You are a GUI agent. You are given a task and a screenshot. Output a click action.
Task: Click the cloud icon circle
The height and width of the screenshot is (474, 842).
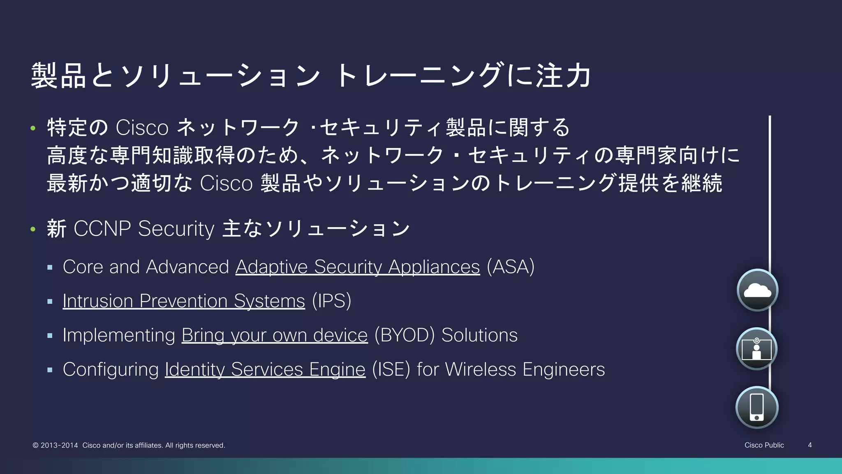click(x=757, y=290)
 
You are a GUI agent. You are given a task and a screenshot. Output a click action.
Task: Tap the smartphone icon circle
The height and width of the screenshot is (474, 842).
click(x=756, y=407)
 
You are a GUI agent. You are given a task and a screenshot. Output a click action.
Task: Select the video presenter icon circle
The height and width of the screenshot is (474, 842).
click(x=756, y=349)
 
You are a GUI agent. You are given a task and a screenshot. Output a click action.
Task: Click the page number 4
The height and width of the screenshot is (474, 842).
click(x=810, y=445)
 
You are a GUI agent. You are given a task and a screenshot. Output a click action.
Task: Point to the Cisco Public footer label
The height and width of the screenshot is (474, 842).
click(x=764, y=445)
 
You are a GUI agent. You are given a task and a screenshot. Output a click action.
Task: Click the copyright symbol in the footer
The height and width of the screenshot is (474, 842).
click(x=35, y=445)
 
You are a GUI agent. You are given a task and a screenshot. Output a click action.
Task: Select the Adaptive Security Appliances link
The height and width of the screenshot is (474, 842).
click(x=357, y=267)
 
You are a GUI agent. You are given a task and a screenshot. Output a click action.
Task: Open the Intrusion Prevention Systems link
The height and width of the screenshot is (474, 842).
click(x=184, y=301)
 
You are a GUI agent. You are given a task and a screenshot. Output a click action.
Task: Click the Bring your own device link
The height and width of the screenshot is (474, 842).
click(x=274, y=335)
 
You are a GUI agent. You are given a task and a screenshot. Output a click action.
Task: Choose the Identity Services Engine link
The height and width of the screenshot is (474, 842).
click(x=265, y=369)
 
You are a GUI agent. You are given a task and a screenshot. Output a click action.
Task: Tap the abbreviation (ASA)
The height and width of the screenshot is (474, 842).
click(x=510, y=267)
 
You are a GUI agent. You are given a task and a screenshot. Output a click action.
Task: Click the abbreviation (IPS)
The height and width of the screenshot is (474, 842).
click(x=331, y=301)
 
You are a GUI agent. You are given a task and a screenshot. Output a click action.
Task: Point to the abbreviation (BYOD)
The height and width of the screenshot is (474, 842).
click(x=405, y=335)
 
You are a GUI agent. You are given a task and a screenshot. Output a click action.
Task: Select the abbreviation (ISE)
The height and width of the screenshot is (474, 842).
click(x=391, y=369)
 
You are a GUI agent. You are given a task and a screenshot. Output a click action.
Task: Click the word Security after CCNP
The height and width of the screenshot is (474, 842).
click(x=176, y=228)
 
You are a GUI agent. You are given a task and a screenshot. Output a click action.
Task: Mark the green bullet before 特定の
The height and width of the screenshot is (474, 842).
click(x=33, y=128)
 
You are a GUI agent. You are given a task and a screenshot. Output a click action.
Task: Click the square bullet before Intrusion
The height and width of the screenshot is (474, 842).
click(x=50, y=302)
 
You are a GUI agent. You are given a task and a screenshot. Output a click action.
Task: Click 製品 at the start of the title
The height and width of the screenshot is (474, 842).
click(x=58, y=76)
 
